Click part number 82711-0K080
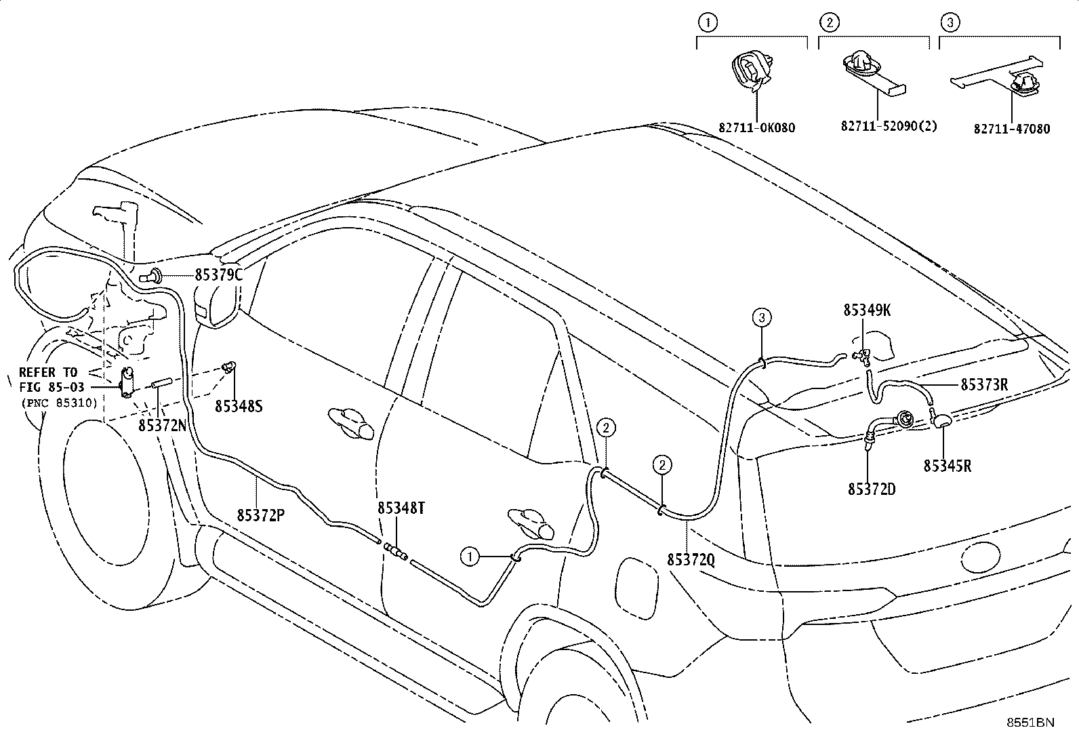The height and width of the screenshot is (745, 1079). pyautogui.click(x=757, y=128)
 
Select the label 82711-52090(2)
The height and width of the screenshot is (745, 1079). pyautogui.click(x=889, y=126)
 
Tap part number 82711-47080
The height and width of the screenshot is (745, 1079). pyautogui.click(x=1011, y=129)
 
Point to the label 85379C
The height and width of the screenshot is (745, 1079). pyautogui.click(x=219, y=275)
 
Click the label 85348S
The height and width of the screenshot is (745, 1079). pyautogui.click(x=239, y=406)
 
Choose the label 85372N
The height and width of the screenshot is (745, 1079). pyautogui.click(x=163, y=426)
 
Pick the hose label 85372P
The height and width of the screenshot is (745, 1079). pyautogui.click(x=260, y=515)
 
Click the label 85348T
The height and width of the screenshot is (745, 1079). pyautogui.click(x=401, y=508)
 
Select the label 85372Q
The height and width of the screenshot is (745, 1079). pyautogui.click(x=691, y=559)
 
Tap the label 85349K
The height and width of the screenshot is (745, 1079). pyautogui.click(x=867, y=310)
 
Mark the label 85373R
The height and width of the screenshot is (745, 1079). pyautogui.click(x=984, y=384)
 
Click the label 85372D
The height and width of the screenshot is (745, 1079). pyautogui.click(x=872, y=489)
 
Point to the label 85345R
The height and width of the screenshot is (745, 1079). pyautogui.click(x=948, y=466)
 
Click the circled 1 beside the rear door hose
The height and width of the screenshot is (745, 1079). pyautogui.click(x=470, y=557)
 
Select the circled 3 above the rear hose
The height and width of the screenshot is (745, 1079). pyautogui.click(x=762, y=318)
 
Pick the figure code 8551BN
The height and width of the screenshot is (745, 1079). pyautogui.click(x=1030, y=723)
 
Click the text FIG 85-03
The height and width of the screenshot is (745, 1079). pyautogui.click(x=52, y=388)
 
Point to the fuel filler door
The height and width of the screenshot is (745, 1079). pyautogui.click(x=636, y=588)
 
